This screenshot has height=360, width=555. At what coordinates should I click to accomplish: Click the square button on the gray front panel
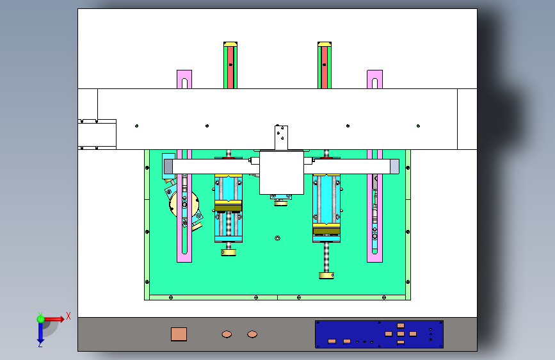point(179,334)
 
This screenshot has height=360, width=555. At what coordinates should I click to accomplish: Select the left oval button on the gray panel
point(227,334)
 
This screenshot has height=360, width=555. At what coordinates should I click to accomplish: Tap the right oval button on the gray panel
point(252,334)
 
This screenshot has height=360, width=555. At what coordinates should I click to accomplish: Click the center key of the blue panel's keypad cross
point(401,334)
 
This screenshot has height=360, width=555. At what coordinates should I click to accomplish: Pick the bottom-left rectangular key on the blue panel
point(332,341)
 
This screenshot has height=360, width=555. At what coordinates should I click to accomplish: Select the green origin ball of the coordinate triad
point(40,318)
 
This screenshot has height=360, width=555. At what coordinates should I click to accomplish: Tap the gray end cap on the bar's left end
point(168,167)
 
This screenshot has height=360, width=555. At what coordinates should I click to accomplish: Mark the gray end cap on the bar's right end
point(394,167)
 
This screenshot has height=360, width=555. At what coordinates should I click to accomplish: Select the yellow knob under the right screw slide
point(326,275)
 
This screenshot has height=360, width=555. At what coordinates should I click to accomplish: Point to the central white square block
point(281,173)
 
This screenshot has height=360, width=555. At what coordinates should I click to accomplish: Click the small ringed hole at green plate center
point(277,238)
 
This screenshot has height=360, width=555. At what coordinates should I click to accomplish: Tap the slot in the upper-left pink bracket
point(184,83)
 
